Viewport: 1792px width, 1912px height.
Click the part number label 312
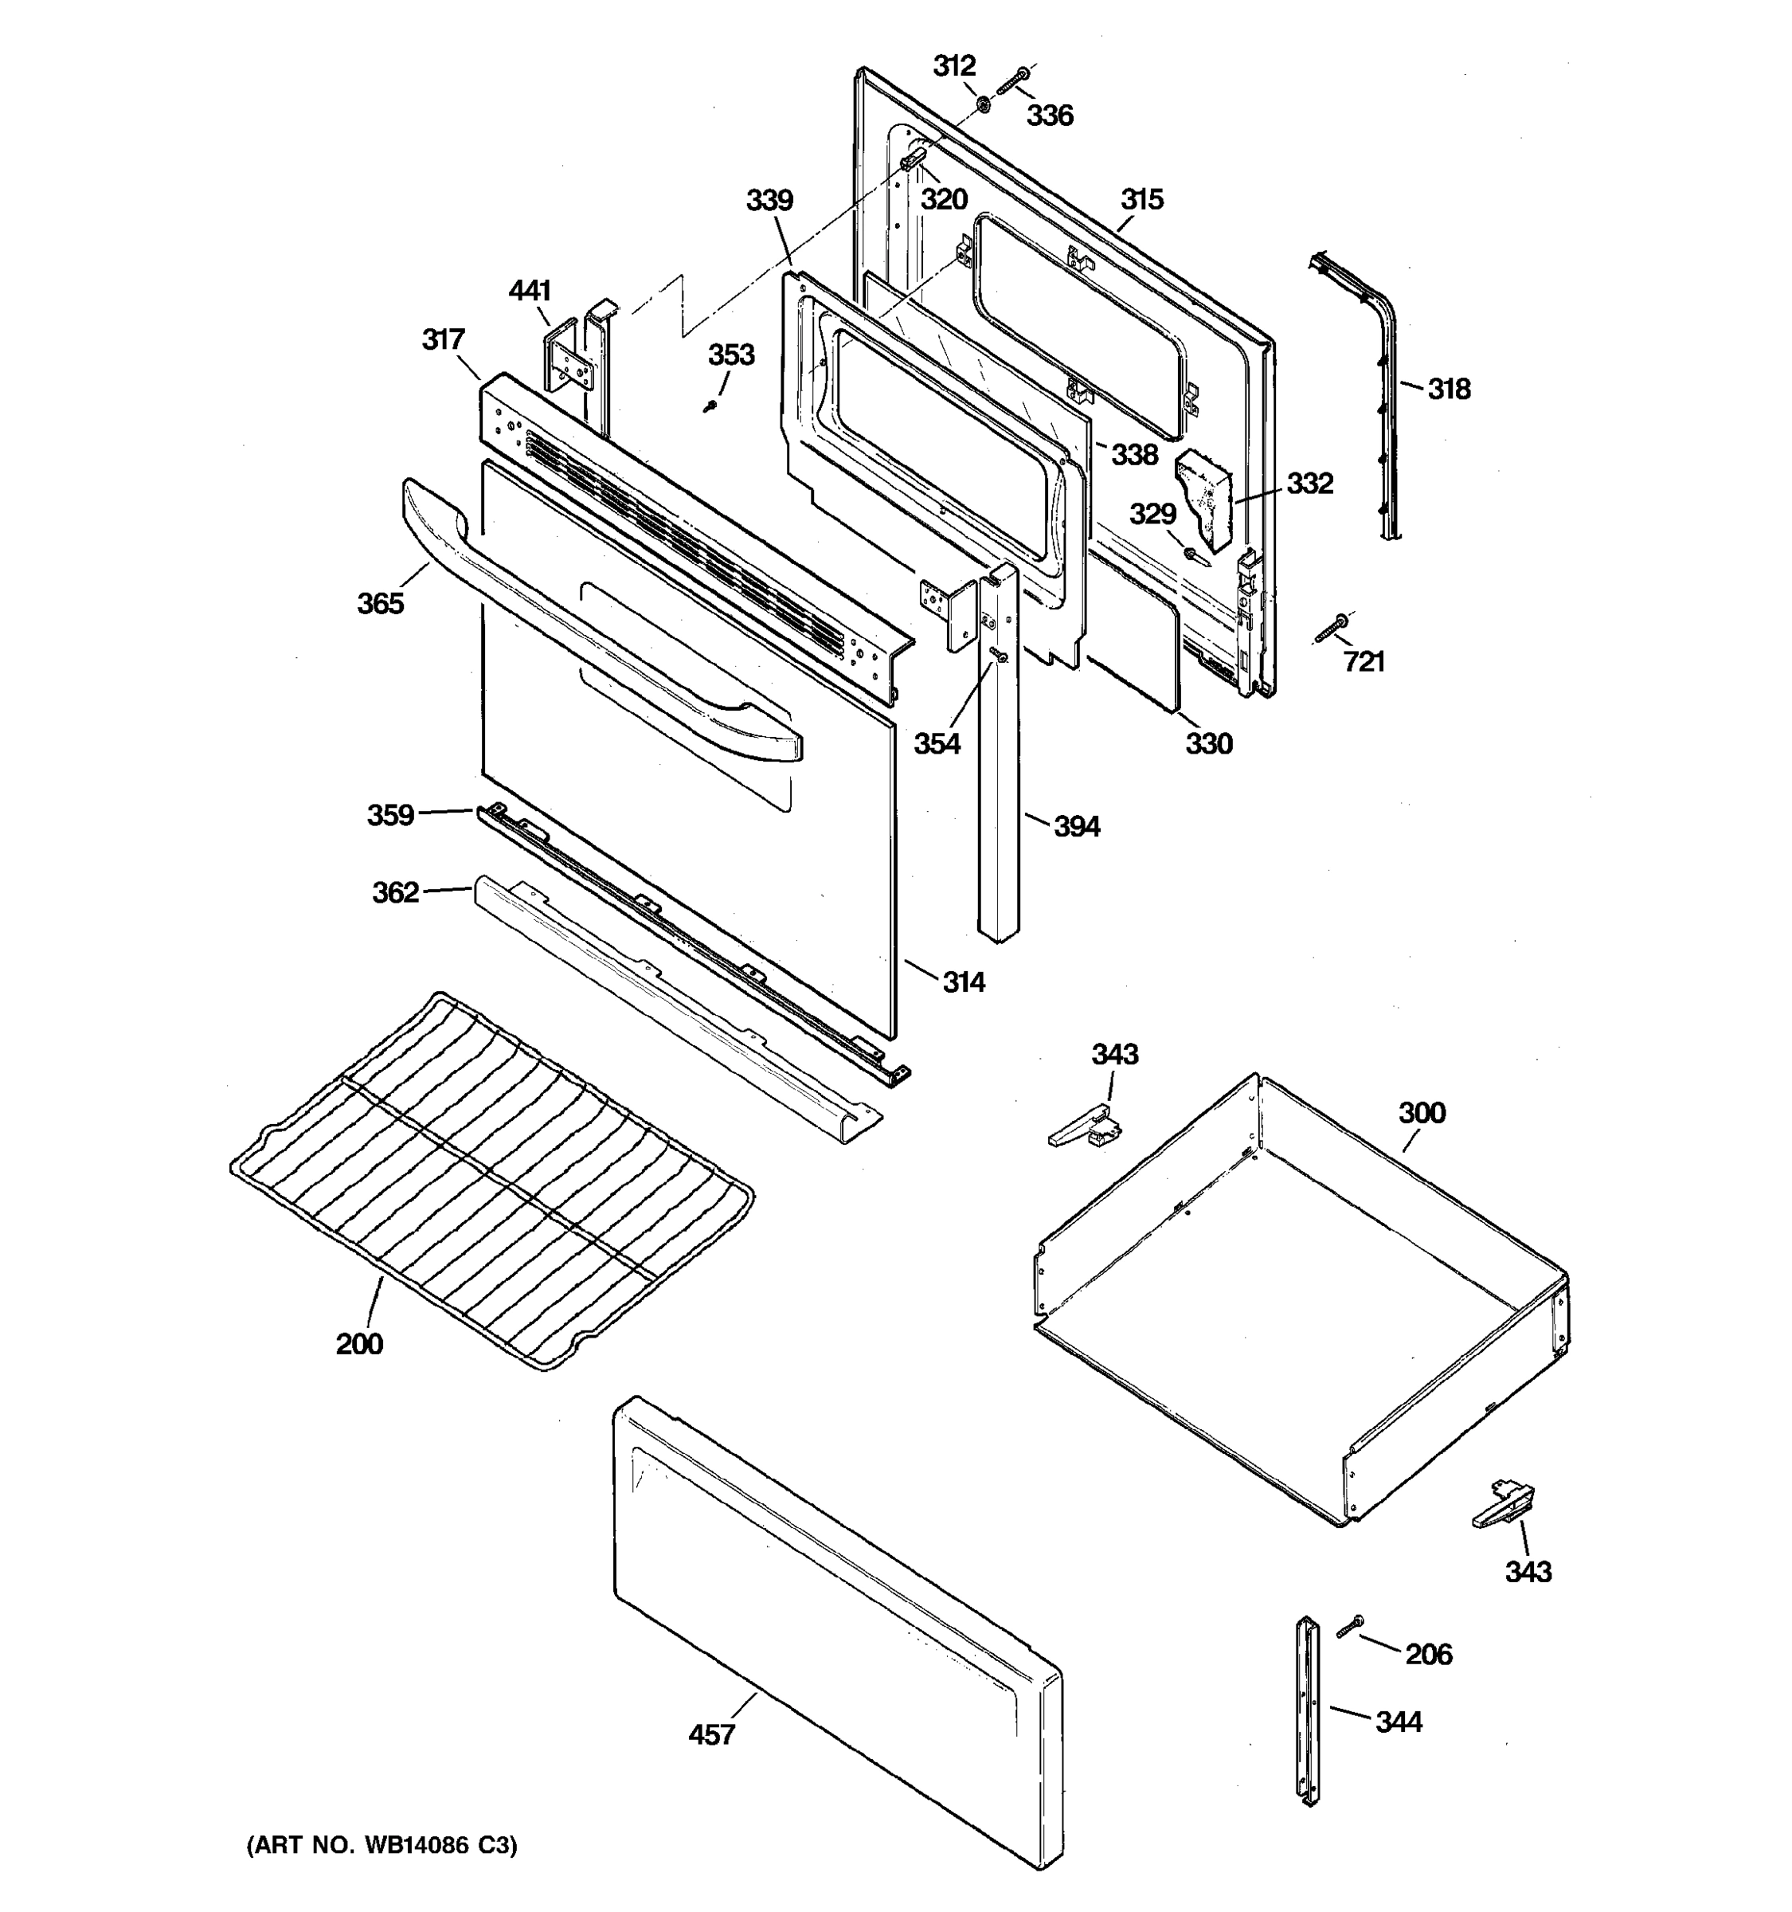click(953, 65)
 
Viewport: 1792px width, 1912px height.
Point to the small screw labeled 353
click(711, 406)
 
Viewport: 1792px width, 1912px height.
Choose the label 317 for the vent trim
click(443, 339)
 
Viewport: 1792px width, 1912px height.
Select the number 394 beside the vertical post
click(1077, 826)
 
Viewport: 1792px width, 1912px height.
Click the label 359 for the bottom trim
click(390, 815)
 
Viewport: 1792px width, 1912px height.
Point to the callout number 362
click(395, 892)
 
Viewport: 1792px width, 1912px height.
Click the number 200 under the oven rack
click(359, 1344)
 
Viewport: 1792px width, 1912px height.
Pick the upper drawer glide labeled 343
click(1086, 1126)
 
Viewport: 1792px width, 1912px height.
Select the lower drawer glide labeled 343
click(1503, 1506)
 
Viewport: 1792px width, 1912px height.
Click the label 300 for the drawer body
click(1421, 1113)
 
